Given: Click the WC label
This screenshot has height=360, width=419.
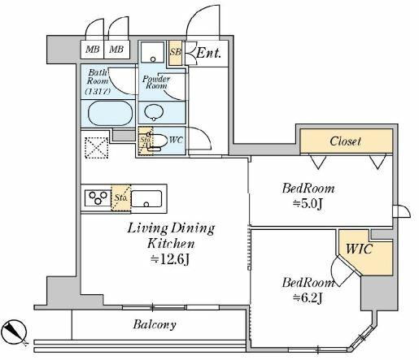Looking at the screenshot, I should point(175,141).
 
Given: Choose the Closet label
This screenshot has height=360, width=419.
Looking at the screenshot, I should point(346,141).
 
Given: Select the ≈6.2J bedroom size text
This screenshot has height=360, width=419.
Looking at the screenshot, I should point(307,297).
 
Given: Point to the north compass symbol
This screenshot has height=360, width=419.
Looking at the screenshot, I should point(15,331).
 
